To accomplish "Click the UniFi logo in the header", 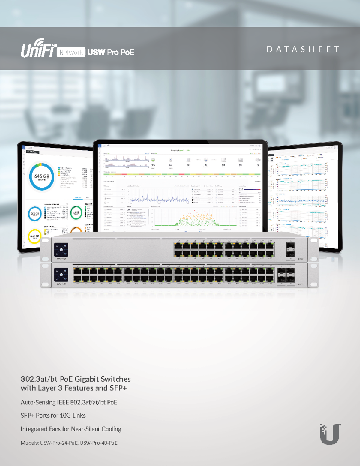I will coord(39,49).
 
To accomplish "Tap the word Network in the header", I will coord(71,53).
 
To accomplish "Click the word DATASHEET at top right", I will coord(303,49).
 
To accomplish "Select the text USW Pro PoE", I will coord(111,53).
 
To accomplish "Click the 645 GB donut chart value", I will coord(42,176).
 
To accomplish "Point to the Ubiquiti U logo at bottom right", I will coord(330,434).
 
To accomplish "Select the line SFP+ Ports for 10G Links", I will coord(53,416).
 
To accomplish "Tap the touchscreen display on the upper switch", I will coord(61,250).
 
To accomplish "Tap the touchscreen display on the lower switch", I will coord(61,275).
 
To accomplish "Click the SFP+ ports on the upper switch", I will coord(290,249).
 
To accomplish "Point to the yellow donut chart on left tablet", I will coord(34,236).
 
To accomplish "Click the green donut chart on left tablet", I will coord(76,213).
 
